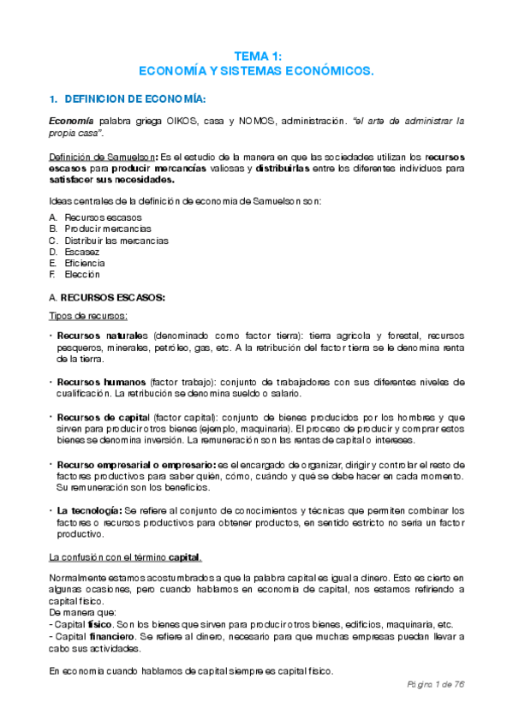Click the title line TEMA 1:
(256, 55)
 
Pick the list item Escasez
(75, 252)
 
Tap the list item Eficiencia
(79, 263)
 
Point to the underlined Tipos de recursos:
(87, 316)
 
